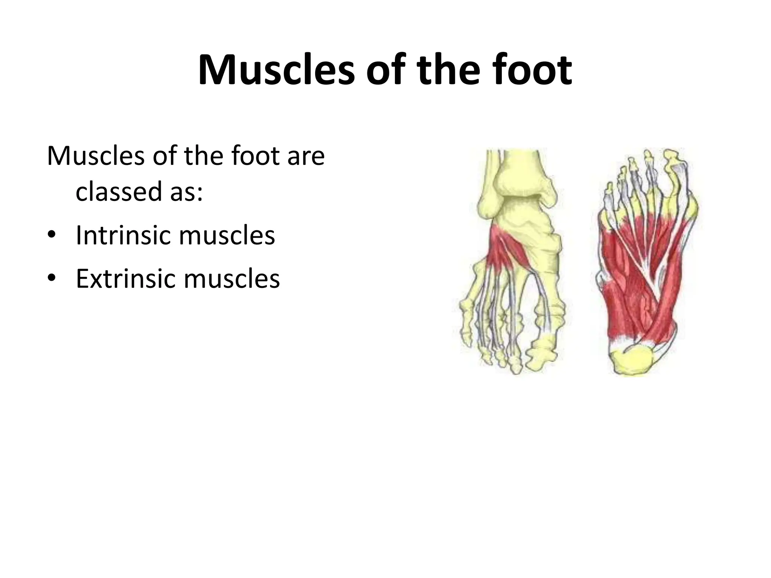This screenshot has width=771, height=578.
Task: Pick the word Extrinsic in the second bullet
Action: click(x=124, y=279)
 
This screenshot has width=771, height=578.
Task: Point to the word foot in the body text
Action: click(x=254, y=156)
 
